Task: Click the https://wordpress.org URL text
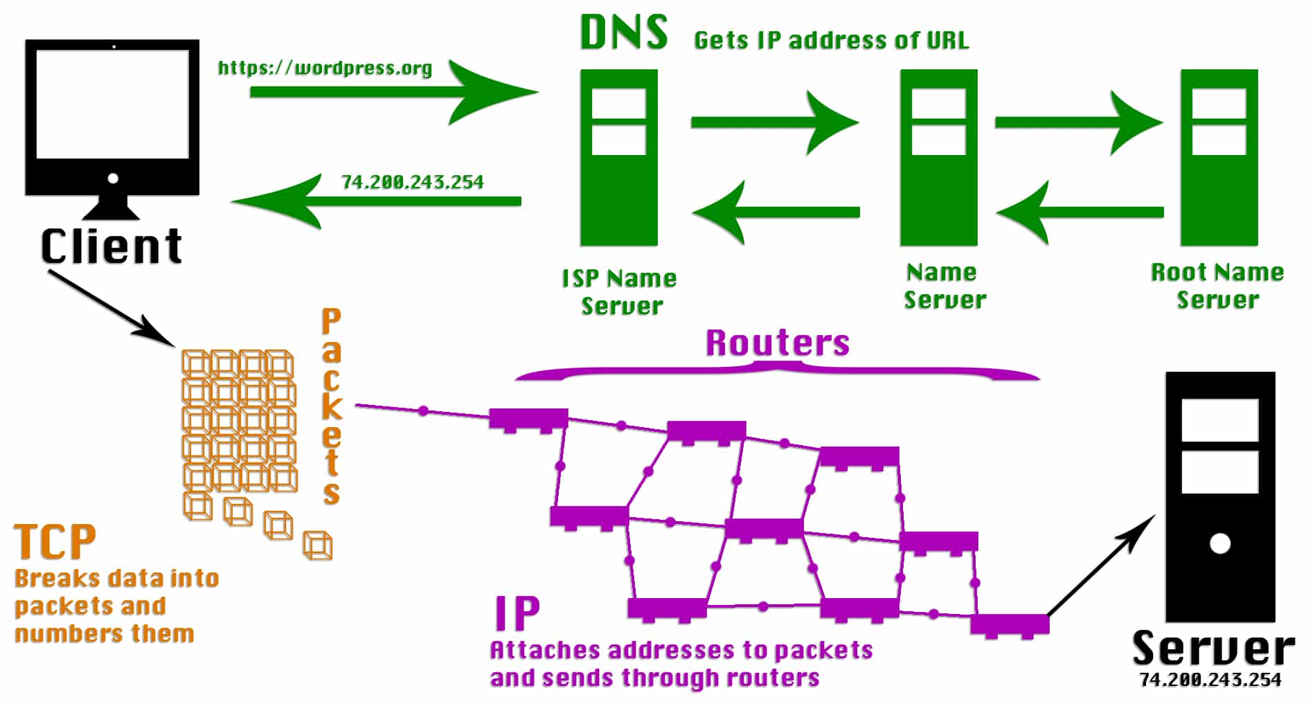coord(325,68)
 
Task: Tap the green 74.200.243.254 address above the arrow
coord(412,182)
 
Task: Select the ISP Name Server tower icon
coord(618,158)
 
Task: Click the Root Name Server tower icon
coord(1219,158)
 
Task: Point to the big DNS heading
coord(623,33)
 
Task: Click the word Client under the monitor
coord(111,246)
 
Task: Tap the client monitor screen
coord(112,104)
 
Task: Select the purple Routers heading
coord(777,343)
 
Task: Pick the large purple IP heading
coord(517,613)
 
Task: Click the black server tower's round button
coord(1219,543)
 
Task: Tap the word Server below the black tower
coord(1213,649)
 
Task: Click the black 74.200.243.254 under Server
coord(1210,680)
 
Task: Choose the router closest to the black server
coord(1009,624)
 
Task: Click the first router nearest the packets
coord(528,419)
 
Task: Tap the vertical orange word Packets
coord(331,407)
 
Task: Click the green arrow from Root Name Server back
coord(1080,212)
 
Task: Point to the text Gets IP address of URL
coord(831,40)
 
